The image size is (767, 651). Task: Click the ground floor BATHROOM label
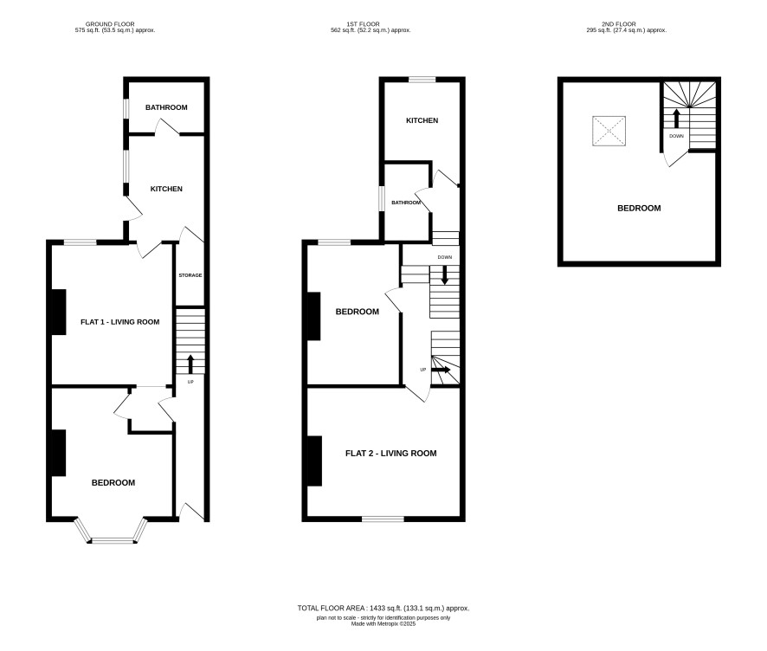[166, 107]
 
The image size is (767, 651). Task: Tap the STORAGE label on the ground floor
[190, 275]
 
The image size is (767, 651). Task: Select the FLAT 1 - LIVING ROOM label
[119, 322]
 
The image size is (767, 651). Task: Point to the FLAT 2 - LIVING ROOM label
[390, 454]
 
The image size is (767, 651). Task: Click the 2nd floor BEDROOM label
[639, 209]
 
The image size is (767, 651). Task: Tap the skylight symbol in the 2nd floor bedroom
[609, 131]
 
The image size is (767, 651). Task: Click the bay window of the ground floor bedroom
[111, 532]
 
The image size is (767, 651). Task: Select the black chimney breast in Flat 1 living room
[59, 312]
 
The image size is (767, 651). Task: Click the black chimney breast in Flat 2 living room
[314, 461]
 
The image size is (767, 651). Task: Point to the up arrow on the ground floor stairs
[190, 364]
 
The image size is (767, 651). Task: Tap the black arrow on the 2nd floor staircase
[676, 119]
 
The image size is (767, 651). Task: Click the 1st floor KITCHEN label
[422, 120]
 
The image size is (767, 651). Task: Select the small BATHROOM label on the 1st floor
[406, 203]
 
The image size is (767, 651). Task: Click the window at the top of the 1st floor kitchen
[422, 80]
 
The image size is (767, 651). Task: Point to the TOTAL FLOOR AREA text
[383, 609]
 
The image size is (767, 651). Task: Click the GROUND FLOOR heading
[110, 24]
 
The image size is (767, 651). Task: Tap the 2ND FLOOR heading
[619, 24]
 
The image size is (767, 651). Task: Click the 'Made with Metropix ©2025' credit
[383, 624]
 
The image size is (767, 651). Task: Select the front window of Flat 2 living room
[383, 519]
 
